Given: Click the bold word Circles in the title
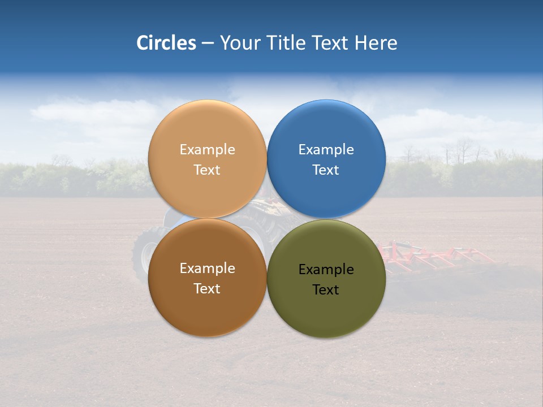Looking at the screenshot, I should (166, 43).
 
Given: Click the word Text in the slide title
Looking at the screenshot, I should (331, 43).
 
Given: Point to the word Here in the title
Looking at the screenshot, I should (376, 43).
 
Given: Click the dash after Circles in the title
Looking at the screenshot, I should (208, 44).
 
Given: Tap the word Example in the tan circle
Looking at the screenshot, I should (207, 150).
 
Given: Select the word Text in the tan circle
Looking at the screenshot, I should (207, 170).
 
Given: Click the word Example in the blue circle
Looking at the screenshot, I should (326, 150).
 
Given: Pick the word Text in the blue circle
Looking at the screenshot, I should (326, 170).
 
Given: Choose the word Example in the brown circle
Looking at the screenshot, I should (207, 269).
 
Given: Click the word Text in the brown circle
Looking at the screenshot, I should (207, 289).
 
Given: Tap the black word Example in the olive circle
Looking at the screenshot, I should (326, 270).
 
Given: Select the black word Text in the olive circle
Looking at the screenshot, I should (326, 290).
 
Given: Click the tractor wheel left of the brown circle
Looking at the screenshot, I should (141, 254).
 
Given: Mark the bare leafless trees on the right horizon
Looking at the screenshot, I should (461, 151).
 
